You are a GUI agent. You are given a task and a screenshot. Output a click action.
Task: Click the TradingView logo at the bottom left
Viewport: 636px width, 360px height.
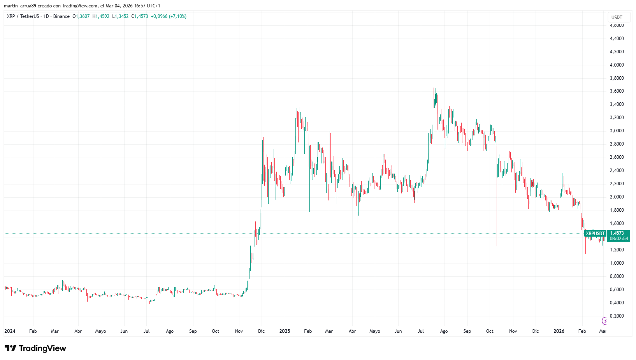35,348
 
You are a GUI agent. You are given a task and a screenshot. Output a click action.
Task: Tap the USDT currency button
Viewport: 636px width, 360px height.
617,17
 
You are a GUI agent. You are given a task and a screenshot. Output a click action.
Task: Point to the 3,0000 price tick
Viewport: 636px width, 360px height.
617,131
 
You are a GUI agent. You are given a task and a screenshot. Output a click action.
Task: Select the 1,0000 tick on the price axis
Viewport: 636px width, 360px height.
617,263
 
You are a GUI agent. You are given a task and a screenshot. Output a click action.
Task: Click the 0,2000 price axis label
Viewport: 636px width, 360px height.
617,316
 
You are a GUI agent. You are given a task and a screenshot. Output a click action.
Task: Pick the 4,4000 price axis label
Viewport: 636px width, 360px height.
617,39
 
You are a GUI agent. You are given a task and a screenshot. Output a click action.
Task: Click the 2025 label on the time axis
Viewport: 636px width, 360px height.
285,331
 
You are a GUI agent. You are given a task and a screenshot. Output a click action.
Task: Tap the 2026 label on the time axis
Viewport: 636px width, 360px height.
559,331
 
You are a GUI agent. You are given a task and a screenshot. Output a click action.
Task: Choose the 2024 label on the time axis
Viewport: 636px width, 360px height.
10,331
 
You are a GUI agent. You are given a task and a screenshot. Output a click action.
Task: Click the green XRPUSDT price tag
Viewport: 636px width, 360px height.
595,234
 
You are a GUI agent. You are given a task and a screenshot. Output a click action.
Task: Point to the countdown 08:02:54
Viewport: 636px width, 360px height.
618,239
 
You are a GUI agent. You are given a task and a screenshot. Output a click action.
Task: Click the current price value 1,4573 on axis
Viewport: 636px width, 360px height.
617,233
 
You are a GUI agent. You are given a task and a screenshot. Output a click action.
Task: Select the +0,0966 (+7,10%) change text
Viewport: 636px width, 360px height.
169,16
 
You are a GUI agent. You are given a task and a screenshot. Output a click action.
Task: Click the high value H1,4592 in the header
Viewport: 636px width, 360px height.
101,16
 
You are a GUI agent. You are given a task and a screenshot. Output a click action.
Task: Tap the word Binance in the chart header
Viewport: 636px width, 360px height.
61,16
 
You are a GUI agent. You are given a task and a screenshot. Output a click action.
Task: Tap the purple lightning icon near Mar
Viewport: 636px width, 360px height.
604,321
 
